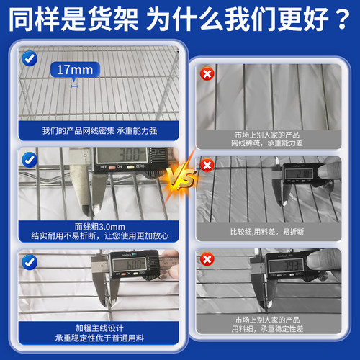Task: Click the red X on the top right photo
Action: click(x=207, y=74)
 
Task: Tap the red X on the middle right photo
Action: click(x=207, y=166)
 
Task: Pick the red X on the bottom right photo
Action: click(x=207, y=258)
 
